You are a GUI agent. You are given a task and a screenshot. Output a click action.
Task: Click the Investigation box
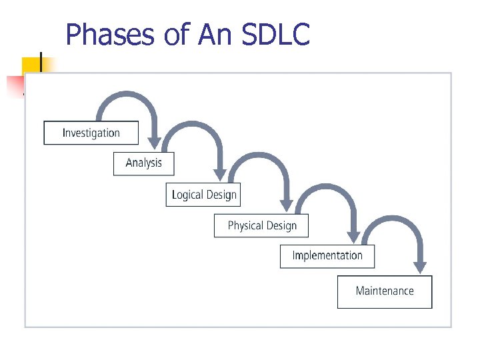point(91,133)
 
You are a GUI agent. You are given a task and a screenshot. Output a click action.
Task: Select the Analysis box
point(143,163)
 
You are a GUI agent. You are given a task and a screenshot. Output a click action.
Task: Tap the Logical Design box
point(203,195)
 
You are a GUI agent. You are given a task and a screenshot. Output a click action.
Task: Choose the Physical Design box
point(261,225)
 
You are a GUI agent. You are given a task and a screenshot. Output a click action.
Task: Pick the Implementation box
point(327,256)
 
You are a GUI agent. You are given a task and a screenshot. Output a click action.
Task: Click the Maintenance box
point(385,291)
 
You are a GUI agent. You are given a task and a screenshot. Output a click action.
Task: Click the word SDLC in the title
point(276,35)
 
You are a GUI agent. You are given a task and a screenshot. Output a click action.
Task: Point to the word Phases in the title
point(111,35)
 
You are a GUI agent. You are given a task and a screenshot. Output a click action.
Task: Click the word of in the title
point(176,35)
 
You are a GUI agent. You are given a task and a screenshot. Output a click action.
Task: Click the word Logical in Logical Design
point(187,195)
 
